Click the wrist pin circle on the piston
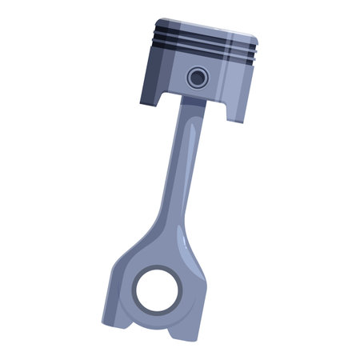point(197,78)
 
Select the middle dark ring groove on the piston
point(204,45)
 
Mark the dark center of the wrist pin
point(197,78)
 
